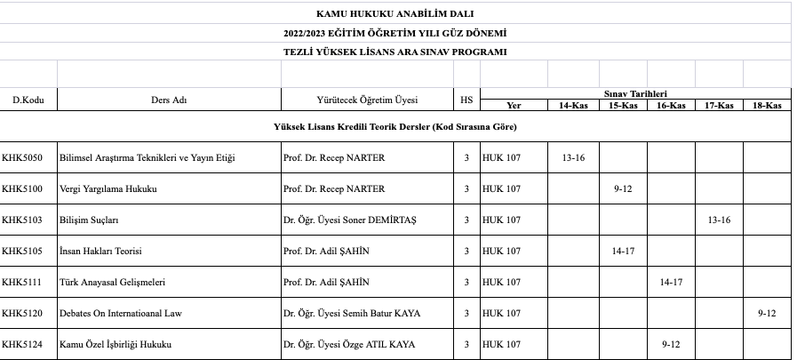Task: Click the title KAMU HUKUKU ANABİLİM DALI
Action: [x=395, y=13]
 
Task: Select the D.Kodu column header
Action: [x=28, y=100]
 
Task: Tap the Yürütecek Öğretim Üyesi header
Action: [x=367, y=100]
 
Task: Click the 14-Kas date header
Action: [x=573, y=105]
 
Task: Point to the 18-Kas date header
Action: [x=766, y=105]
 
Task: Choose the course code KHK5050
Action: [x=21, y=157]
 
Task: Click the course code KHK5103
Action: [x=21, y=220]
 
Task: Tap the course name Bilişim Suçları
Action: [x=89, y=220]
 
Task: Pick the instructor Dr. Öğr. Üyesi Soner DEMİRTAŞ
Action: [x=349, y=220]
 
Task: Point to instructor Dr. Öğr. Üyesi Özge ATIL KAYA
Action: [x=348, y=344]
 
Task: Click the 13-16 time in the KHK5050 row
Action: [x=573, y=157]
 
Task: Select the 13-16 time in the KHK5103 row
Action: [x=718, y=220]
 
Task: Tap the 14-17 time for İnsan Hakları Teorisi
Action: [x=622, y=251]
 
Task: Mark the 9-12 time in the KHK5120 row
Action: [x=767, y=313]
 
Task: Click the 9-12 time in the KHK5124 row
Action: [x=671, y=344]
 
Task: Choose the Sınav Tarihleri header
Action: [x=635, y=93]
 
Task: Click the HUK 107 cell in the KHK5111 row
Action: [x=502, y=282]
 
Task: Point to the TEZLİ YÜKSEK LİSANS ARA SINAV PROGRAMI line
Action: [x=395, y=52]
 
